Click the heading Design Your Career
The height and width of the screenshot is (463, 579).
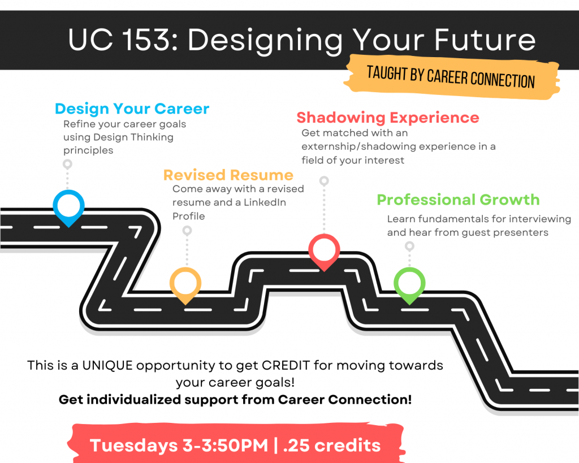coord(132,109)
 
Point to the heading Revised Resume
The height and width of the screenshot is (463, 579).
coord(228,175)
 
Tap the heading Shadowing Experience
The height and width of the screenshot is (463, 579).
coord(388,118)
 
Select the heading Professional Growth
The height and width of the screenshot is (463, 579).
coord(458,200)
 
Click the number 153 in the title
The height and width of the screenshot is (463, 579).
coord(145,40)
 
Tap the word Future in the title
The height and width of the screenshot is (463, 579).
coord(485,40)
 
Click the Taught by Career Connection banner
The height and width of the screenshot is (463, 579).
coord(452,77)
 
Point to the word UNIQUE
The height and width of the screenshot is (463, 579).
coord(107,365)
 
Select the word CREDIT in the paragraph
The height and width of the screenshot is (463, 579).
coord(286,365)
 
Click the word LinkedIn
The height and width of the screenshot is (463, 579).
coord(265,202)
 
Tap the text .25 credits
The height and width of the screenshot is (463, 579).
coord(331,445)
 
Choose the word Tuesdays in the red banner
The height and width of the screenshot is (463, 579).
coord(133,445)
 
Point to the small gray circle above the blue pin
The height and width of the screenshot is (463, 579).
coord(67,163)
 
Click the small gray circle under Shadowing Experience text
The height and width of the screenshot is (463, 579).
coord(324,180)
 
